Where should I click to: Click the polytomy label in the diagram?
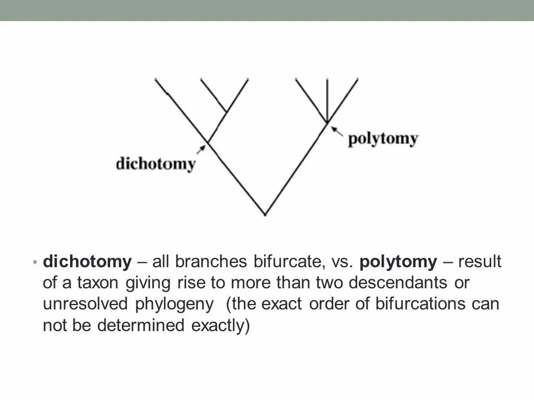pos(382,138)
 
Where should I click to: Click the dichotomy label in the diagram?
pos(155,164)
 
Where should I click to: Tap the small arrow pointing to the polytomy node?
pos(335,130)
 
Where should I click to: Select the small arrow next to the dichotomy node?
pos(201,148)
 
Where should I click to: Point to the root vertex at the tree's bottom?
pos(265,214)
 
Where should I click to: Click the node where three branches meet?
pos(327,122)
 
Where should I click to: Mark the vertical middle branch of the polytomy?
pos(327,100)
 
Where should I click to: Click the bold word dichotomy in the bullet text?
pos(87,261)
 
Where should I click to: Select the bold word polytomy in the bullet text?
pos(398,261)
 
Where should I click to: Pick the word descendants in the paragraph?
pos(400,283)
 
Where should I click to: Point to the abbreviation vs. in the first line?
pos(344,261)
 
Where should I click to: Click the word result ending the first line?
pos(479,261)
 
